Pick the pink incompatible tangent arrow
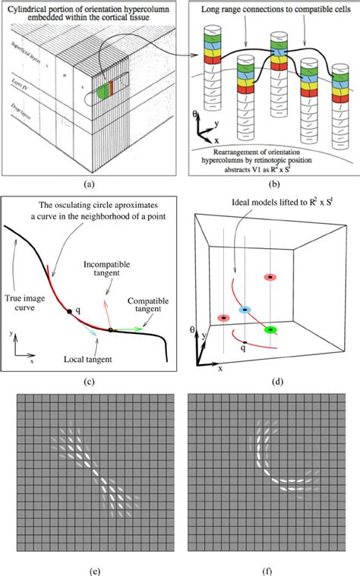106,312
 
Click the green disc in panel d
269,329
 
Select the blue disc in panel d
245,310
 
